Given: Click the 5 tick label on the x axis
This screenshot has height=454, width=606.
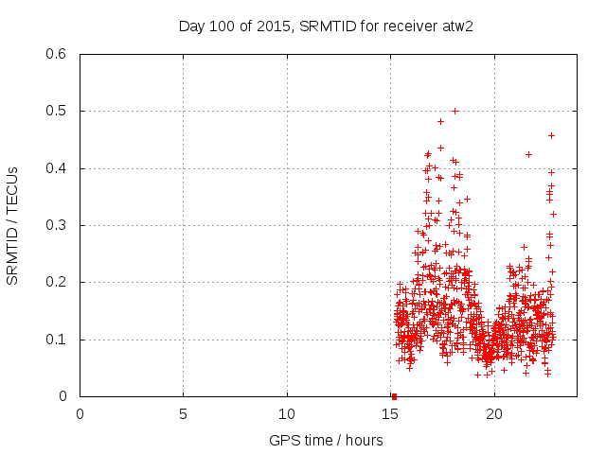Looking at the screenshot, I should (184, 414).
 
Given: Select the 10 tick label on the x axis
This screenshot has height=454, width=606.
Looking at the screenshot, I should (287, 414).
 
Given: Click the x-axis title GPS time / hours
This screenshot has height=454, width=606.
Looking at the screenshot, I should (326, 440).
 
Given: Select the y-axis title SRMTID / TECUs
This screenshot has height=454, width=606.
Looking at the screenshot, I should (13, 225).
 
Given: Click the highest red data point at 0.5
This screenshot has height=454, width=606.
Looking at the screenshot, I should (454, 111).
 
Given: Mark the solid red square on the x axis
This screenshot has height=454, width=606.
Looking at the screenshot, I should (394, 396).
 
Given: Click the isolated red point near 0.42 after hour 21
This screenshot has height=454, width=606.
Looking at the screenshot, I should (528, 154).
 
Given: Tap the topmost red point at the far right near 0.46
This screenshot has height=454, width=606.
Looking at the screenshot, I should (551, 135).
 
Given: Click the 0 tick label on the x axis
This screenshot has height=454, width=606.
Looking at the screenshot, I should (80, 414).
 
